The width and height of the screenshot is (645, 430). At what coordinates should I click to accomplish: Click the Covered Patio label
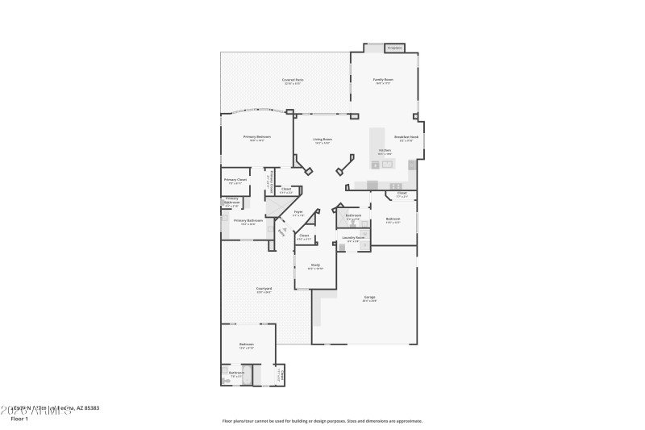click(x=292, y=81)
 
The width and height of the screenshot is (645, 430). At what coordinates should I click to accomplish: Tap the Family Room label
click(x=383, y=81)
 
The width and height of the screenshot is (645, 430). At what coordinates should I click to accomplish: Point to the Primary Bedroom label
click(x=257, y=138)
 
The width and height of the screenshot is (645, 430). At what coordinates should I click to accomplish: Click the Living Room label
click(x=322, y=140)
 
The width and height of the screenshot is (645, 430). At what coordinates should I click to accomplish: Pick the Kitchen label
click(x=385, y=151)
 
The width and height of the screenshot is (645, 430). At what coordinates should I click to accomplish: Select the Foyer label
click(x=298, y=214)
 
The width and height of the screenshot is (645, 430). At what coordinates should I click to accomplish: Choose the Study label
click(x=315, y=265)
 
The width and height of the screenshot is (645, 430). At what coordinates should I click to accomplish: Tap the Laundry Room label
click(x=353, y=238)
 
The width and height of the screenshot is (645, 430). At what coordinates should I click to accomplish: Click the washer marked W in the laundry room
click(x=342, y=248)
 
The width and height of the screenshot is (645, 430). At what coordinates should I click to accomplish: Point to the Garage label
click(x=369, y=298)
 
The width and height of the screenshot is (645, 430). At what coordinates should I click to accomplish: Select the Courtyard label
click(x=264, y=290)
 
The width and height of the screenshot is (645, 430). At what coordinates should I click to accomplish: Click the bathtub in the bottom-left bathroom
click(x=247, y=375)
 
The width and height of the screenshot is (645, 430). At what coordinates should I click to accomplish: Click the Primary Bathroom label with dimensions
click(x=248, y=222)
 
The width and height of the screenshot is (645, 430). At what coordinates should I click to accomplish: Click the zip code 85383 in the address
click(x=90, y=408)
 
